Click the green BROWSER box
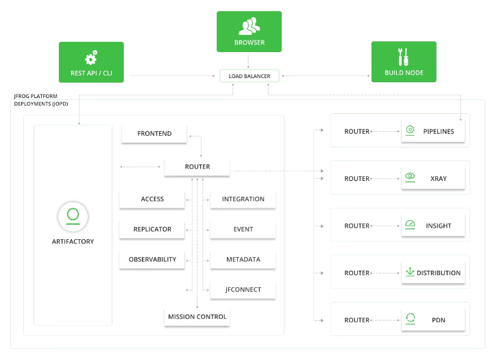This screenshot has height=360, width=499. coord(249,32)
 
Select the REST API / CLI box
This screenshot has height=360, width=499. coord(91,62)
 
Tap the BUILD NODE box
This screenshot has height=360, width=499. coord(404,62)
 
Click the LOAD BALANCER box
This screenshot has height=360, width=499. coord(249,76)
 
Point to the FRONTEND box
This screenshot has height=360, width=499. coord(154,134)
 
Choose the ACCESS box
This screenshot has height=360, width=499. coord(152,200)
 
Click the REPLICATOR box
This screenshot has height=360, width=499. coord(152,230)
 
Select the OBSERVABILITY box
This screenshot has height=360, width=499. coord(152,260)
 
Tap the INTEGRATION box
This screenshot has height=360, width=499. coord(243,200)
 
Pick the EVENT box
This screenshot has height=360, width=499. coord(243,230)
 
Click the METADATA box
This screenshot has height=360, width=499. coord(243,260)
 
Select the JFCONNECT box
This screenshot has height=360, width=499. coord(243,290)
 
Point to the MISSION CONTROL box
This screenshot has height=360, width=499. coord(197,317)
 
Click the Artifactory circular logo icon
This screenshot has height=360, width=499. coord(73,217)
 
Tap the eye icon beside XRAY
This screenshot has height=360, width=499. coord(410,177)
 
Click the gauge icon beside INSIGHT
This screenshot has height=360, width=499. coord(410,224)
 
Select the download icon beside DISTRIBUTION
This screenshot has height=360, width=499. coord(410,272)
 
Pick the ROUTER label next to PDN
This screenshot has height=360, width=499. coord(356,320)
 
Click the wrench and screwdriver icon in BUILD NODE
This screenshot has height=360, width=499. coord(403,57)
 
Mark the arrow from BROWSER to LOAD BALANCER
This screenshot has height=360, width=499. coord(248,60)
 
